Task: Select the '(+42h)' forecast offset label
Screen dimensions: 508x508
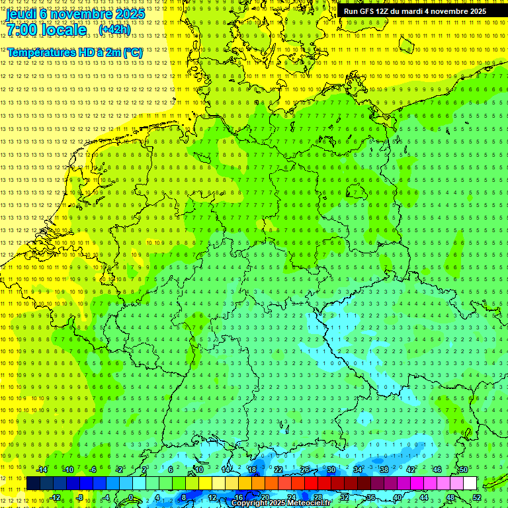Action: (114, 29)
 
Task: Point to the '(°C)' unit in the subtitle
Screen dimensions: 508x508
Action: (132, 52)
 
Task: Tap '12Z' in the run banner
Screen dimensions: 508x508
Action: (382, 11)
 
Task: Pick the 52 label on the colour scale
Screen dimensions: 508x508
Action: (477, 497)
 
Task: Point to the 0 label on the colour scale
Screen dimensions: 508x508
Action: (130, 497)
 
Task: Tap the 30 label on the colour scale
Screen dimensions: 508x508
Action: (331, 470)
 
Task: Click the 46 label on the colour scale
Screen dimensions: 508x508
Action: (437, 470)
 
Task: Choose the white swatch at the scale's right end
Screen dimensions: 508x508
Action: (470, 484)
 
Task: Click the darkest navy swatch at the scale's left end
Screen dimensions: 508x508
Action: (33, 484)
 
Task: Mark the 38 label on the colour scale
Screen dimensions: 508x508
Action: (384, 470)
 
